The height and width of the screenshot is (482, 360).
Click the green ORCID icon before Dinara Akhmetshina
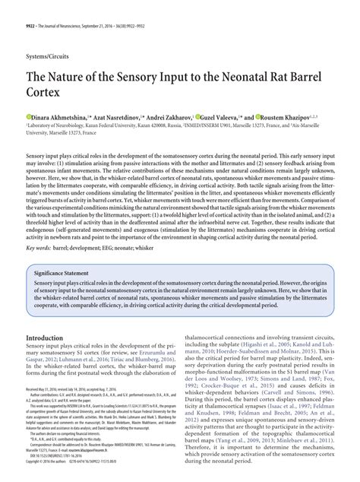[x=27, y=118]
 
